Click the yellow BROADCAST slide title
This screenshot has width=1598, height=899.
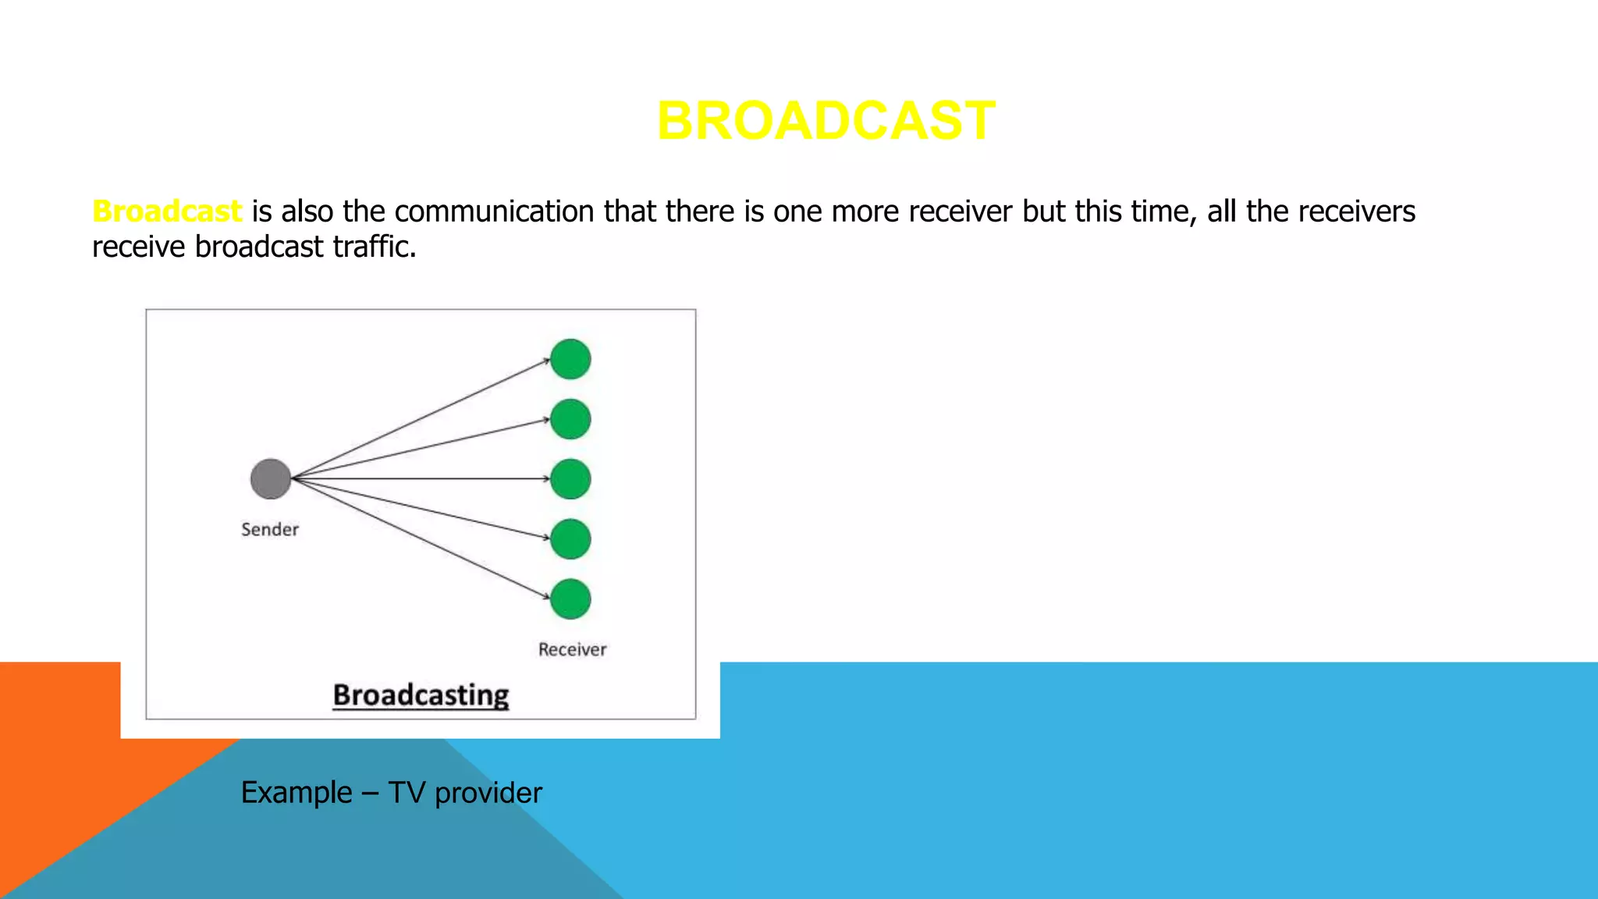coord(826,121)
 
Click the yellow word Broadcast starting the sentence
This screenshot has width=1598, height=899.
coord(167,211)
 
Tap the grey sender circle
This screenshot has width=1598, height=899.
coord(271,479)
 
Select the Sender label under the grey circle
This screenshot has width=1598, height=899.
coord(270,530)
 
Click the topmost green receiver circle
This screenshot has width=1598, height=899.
coord(570,359)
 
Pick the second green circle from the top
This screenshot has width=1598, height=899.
coord(570,419)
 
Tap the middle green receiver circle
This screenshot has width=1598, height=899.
coord(570,479)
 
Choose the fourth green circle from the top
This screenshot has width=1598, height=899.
coord(570,539)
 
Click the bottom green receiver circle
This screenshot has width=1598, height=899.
coord(570,599)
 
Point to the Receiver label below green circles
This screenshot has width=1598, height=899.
coord(572,649)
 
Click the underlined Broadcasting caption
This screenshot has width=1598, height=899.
coord(421,695)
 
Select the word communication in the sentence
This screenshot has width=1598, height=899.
coord(494,211)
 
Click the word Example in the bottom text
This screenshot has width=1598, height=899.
coord(297,793)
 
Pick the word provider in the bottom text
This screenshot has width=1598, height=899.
coord(488,793)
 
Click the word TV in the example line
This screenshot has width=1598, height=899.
coord(406,793)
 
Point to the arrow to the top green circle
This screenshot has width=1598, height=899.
coord(421,419)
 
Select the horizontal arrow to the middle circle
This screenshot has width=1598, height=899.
coord(421,478)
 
